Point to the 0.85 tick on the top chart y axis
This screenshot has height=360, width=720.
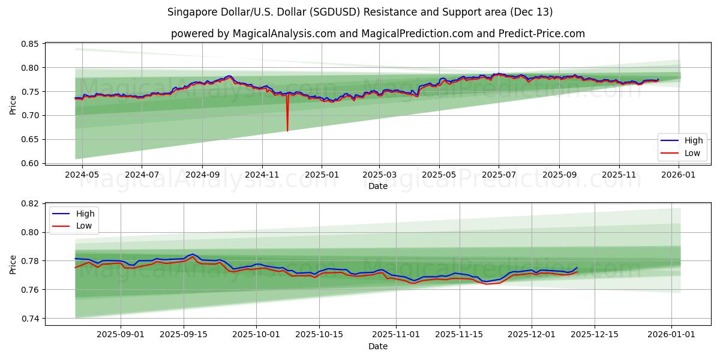pos(30,44)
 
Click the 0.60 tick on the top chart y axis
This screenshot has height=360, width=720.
pos(30,163)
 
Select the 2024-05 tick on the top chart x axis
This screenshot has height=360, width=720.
pos(82,174)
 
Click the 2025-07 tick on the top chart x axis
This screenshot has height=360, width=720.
pos(499,174)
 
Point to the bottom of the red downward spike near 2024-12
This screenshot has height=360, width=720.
pos(287,131)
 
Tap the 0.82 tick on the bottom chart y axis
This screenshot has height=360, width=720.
pos(30,203)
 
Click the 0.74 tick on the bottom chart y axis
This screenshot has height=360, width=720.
pos(30,319)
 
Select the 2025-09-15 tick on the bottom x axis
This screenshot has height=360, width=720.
pos(183,334)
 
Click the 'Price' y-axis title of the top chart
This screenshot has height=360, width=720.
pos(13,104)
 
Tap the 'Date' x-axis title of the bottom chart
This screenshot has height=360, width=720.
pos(377,346)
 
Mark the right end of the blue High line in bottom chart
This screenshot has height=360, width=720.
pos(577,268)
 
